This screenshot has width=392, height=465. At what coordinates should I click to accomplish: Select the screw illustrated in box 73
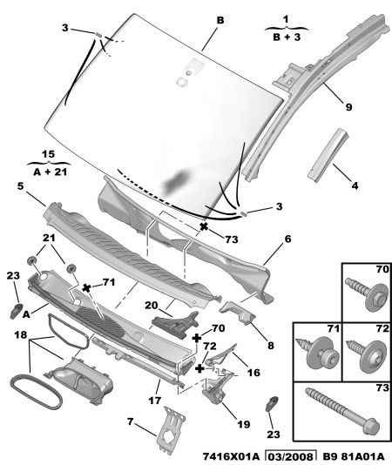pyautogui.click(x=342, y=411)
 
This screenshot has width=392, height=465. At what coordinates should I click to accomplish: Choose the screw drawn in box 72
pyautogui.click(x=368, y=355)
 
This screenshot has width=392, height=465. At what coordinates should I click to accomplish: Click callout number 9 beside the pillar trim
pyautogui.click(x=349, y=107)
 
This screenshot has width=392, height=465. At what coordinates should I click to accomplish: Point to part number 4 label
pyautogui.click(x=355, y=186)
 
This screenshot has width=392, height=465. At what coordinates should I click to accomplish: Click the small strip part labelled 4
pyautogui.click(x=328, y=154)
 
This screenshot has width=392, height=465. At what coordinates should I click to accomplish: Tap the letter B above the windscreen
pyautogui.click(x=220, y=20)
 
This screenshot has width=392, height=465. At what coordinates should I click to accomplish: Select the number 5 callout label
pyautogui.click(x=20, y=186)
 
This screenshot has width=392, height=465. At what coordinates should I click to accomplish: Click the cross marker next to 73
pyautogui.click(x=204, y=227)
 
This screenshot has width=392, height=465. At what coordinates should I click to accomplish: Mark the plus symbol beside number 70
pyautogui.click(x=197, y=338)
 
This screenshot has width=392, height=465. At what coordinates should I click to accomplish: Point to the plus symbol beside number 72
pyautogui.click(x=200, y=368)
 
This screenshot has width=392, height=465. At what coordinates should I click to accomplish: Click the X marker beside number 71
pyautogui.click(x=86, y=287)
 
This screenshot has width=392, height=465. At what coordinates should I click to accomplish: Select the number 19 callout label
pyautogui.click(x=244, y=424)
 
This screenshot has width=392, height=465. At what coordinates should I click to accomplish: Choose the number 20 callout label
pyautogui.click(x=151, y=305)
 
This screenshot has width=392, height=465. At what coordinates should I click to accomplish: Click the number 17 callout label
pyautogui.click(x=154, y=401)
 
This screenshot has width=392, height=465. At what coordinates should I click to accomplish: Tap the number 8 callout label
pyautogui.click(x=271, y=346)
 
